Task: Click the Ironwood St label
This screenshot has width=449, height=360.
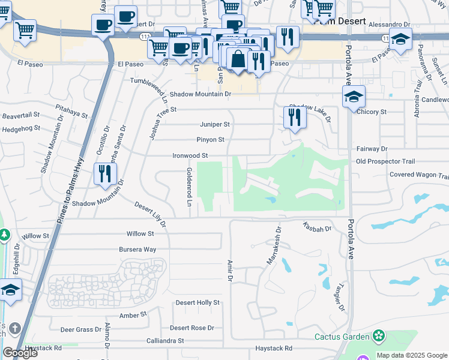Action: [x=190, y=155]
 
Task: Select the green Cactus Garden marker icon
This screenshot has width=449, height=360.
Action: [x=379, y=336]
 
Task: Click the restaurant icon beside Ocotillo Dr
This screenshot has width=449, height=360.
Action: [x=105, y=173]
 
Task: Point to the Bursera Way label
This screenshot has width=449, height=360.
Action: [x=141, y=249]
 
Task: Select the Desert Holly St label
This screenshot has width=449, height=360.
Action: [x=197, y=303]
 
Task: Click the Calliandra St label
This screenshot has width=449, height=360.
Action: [x=165, y=341]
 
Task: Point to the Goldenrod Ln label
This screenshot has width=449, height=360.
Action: [x=189, y=187]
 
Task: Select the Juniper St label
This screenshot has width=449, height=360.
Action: [x=214, y=124]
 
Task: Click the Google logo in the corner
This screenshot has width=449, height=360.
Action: [x=20, y=353]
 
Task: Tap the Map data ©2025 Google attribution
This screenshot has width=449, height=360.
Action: [x=412, y=355]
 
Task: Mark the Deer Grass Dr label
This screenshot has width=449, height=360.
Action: [x=81, y=329]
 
